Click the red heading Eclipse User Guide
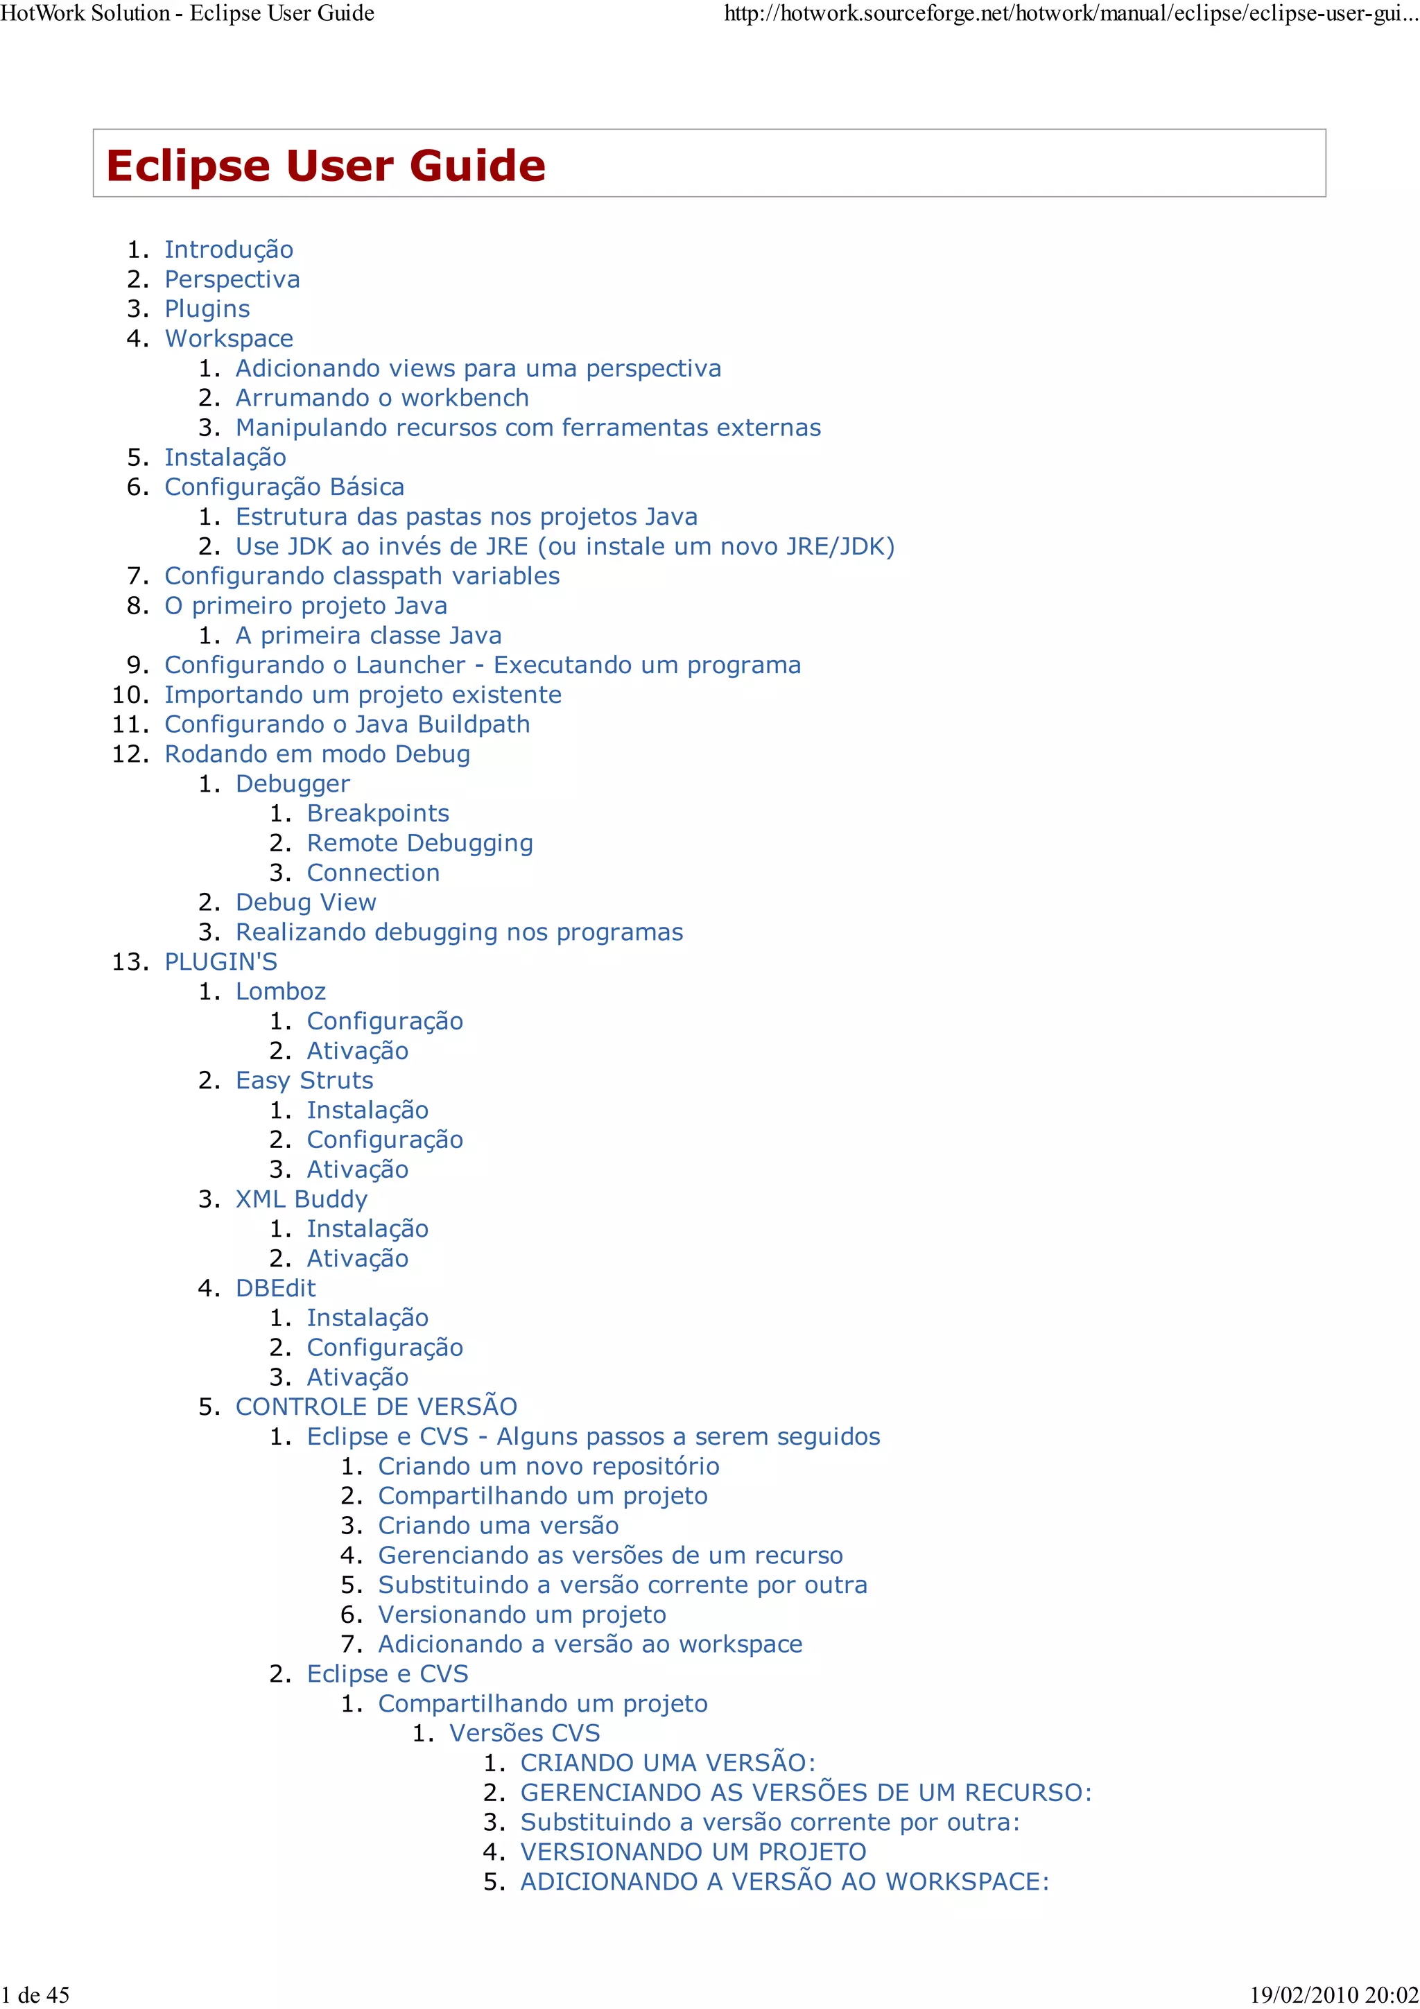(x=325, y=166)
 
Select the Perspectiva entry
(x=232, y=279)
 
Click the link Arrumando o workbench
(x=381, y=398)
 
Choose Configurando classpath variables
(x=361, y=576)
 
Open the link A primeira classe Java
(x=368, y=635)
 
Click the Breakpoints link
(x=377, y=814)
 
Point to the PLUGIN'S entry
(x=220, y=962)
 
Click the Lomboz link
(x=280, y=991)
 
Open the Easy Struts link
(x=304, y=1081)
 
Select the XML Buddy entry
(x=301, y=1199)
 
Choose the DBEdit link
(x=275, y=1288)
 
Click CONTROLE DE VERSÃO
(x=376, y=1407)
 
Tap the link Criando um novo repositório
(x=548, y=1466)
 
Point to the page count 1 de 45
(x=35, y=1995)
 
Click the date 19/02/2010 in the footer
(x=1297, y=1995)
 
